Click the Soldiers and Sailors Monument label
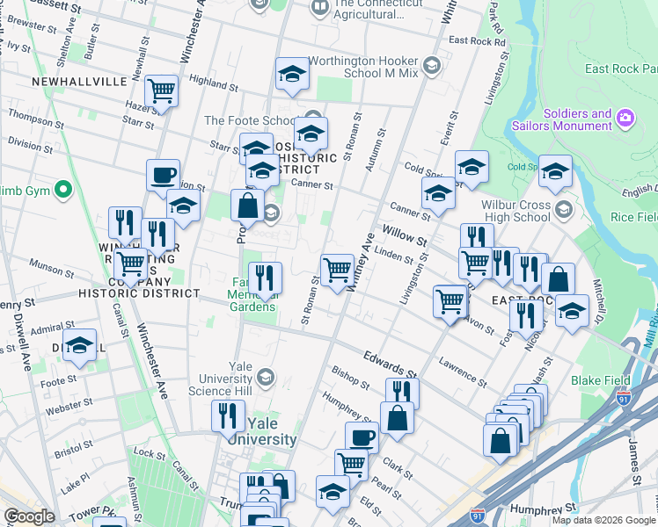tap(577, 119)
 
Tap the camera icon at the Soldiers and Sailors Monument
tap(625, 117)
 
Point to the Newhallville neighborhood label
tap(78, 81)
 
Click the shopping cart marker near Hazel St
tap(161, 90)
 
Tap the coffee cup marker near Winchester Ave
tap(163, 175)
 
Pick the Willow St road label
tap(405, 237)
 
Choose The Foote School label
tap(249, 120)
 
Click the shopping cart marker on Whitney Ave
tap(337, 270)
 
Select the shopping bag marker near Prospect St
tap(247, 206)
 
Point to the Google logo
tap(29, 516)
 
